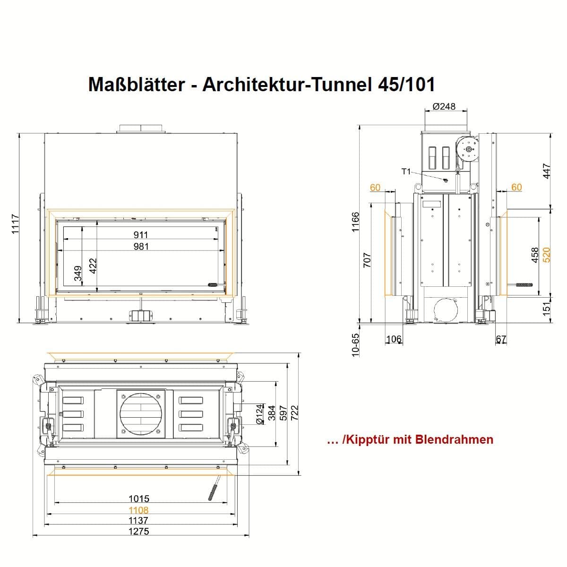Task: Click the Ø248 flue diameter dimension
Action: click(x=444, y=106)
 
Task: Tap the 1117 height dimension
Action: click(x=15, y=224)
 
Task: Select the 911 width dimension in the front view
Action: click(x=141, y=235)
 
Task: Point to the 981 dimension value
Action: click(x=141, y=246)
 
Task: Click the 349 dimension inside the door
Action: click(x=77, y=274)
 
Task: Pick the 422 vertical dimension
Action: click(x=93, y=266)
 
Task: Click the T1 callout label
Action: click(x=406, y=171)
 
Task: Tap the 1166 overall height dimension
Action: click(x=356, y=222)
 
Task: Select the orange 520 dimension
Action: click(x=546, y=255)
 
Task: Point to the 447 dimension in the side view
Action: click(x=546, y=171)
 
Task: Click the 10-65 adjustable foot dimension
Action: click(x=355, y=345)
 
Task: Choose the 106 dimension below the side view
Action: click(x=394, y=339)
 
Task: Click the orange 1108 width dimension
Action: click(x=138, y=510)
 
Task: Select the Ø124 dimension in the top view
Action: click(x=259, y=414)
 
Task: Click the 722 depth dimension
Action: click(x=294, y=412)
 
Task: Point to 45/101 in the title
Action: click(x=406, y=85)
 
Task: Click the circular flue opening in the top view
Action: click(x=141, y=413)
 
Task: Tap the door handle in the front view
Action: click(x=213, y=284)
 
